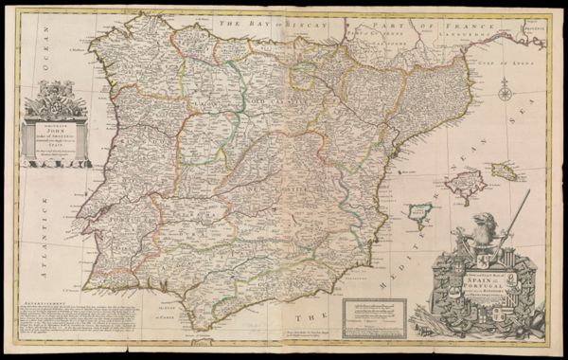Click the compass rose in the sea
[506, 93]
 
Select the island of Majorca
[466, 186]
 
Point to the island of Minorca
[507, 171]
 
